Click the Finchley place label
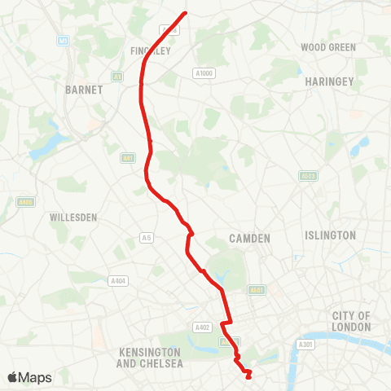point(149,51)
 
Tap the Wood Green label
point(328,47)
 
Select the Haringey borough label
point(328,82)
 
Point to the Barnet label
point(84,90)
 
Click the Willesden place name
point(74,218)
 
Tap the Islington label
point(330,235)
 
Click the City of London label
point(351,321)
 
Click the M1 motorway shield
point(63,40)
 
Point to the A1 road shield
point(117,77)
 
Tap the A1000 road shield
point(204,72)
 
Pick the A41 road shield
point(127,158)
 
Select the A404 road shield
point(118,281)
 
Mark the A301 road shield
point(305,345)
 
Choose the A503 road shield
point(308,175)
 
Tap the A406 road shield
point(25,202)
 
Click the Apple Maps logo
point(29,377)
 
